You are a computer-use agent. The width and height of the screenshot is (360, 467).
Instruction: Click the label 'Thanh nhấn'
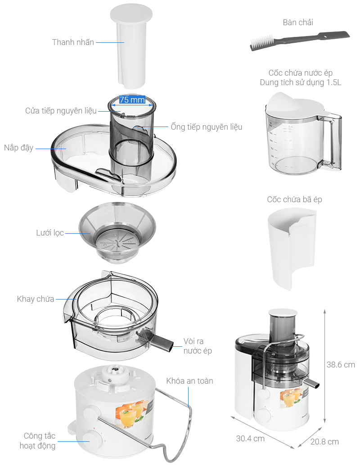point(73,42)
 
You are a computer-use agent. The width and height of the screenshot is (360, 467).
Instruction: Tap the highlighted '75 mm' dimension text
point(132,100)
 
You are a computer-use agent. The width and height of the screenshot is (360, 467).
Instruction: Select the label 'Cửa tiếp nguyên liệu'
point(61,111)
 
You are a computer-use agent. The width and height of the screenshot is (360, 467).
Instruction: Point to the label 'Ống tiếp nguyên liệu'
point(206,127)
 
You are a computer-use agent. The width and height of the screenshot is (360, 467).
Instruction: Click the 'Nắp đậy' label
point(18,148)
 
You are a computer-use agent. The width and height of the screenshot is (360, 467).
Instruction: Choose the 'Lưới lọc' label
point(50,233)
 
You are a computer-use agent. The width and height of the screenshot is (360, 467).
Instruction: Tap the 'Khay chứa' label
point(36,299)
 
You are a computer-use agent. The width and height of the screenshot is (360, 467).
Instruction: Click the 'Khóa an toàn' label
point(189,381)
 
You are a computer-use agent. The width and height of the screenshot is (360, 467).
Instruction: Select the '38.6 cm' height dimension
point(341,365)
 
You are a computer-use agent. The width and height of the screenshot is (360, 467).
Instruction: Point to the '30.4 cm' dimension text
point(250,439)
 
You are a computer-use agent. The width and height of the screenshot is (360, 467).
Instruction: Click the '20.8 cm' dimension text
point(324,442)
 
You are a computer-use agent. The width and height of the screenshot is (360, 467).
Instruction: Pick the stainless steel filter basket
point(117,232)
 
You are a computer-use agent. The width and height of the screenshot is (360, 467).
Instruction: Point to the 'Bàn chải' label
point(298,23)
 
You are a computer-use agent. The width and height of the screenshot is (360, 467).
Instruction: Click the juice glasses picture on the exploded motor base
point(133,414)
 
